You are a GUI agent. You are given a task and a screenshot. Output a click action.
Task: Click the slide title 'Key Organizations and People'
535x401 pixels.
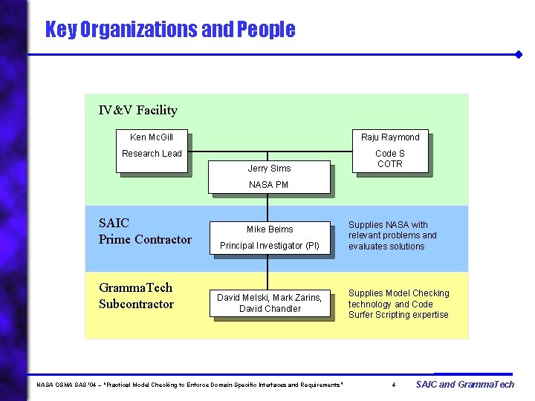[169, 30]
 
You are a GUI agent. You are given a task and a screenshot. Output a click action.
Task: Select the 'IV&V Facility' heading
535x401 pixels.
[138, 111]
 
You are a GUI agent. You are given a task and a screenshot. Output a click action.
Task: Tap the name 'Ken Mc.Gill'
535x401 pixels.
[152, 137]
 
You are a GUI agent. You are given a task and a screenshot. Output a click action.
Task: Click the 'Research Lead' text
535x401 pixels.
[152, 154]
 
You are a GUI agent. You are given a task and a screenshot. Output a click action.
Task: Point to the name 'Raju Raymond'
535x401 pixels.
[390, 137]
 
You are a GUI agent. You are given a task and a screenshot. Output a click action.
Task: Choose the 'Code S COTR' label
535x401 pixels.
[390, 159]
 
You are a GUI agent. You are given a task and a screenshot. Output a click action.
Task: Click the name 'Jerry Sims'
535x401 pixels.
[269, 169]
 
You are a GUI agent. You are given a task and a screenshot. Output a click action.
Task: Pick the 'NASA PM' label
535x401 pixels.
[269, 185]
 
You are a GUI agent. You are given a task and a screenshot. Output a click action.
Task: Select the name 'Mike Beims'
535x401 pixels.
[270, 229]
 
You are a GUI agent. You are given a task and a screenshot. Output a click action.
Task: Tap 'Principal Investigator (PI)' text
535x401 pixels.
[270, 246]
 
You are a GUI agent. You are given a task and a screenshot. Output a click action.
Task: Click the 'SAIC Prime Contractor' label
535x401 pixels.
[145, 231]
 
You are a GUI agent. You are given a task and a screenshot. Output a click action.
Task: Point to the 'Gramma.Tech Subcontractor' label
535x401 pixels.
[136, 296]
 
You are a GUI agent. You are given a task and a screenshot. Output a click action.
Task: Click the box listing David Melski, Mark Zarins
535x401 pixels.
[270, 303]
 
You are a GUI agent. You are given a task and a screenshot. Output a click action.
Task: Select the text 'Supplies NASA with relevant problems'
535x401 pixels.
[392, 235]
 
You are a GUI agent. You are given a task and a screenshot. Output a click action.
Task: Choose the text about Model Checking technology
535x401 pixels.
[398, 304]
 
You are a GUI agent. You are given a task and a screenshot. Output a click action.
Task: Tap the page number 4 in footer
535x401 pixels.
[394, 385]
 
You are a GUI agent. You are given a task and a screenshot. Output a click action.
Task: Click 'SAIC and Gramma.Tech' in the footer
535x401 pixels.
[464, 384]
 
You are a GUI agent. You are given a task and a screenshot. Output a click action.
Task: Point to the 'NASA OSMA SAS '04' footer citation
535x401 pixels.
[190, 385]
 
